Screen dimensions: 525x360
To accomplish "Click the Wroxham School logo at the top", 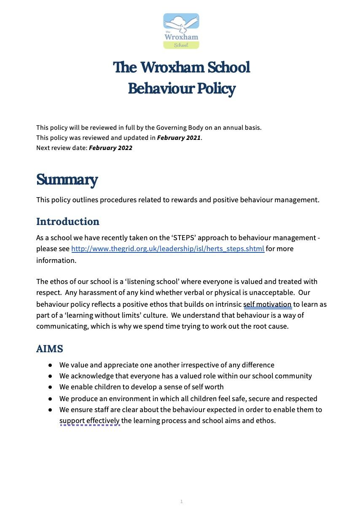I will (181, 31).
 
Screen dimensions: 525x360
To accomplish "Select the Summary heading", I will (67, 179).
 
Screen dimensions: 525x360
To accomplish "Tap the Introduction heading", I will (68, 222).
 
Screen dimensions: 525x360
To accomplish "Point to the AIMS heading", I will (50, 349).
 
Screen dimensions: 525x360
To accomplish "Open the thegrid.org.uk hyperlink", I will (167, 249).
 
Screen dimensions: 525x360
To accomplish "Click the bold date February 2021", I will (179, 138).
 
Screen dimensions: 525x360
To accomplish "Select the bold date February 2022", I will (110, 148).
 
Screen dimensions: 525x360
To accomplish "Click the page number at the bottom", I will (181, 501).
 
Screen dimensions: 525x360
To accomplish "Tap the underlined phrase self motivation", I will (267, 304).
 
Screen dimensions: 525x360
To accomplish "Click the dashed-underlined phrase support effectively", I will (89, 421).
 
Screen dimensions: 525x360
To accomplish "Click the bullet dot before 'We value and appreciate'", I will (50, 365).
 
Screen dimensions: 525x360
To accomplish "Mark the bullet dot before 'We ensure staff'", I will (50, 410).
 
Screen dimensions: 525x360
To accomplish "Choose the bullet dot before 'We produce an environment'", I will (50, 399).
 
